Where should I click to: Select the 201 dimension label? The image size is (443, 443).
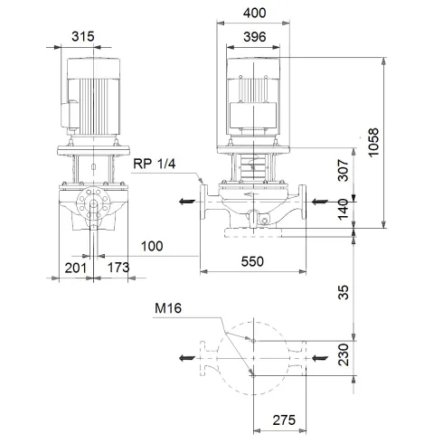76,268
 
